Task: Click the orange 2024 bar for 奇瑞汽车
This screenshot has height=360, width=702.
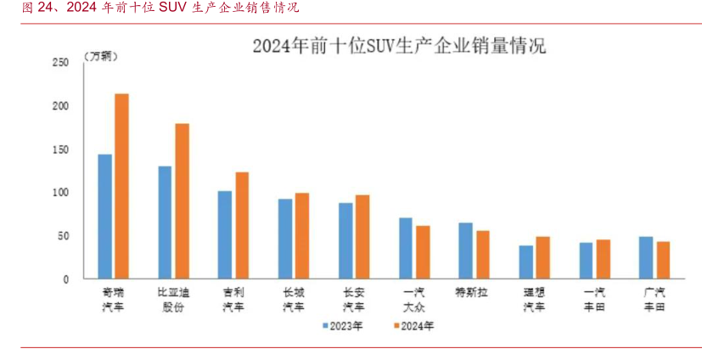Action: tap(121, 186)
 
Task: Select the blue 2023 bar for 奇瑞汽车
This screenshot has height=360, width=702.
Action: tap(105, 217)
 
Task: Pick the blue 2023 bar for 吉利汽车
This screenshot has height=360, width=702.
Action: tap(225, 234)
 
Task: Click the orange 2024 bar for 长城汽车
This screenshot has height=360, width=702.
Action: tap(302, 236)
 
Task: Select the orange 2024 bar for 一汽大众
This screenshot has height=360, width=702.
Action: tap(423, 252)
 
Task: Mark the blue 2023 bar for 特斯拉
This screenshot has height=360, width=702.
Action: tap(466, 250)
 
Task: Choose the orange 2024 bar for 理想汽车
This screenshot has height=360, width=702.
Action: tap(543, 257)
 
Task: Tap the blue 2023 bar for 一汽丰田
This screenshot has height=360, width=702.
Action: tap(587, 261)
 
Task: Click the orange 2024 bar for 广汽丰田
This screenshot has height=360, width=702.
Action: tap(663, 260)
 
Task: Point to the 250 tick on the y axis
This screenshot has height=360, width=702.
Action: tap(60, 63)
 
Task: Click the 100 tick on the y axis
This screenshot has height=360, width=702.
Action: tap(60, 193)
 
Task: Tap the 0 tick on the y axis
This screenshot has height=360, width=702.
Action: tap(65, 279)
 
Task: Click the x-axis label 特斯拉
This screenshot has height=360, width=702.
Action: tap(474, 292)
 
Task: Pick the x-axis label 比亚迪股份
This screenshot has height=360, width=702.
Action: tap(173, 299)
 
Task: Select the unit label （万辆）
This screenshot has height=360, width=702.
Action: tap(101, 56)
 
